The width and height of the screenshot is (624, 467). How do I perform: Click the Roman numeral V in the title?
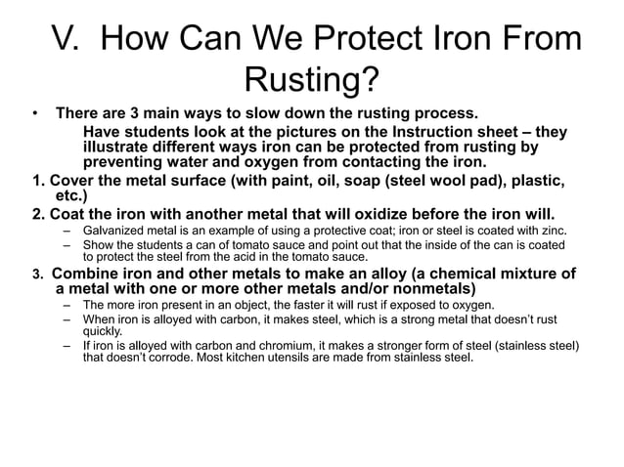[x=66, y=41]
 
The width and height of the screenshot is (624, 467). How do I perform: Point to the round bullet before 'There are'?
[x=32, y=113]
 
